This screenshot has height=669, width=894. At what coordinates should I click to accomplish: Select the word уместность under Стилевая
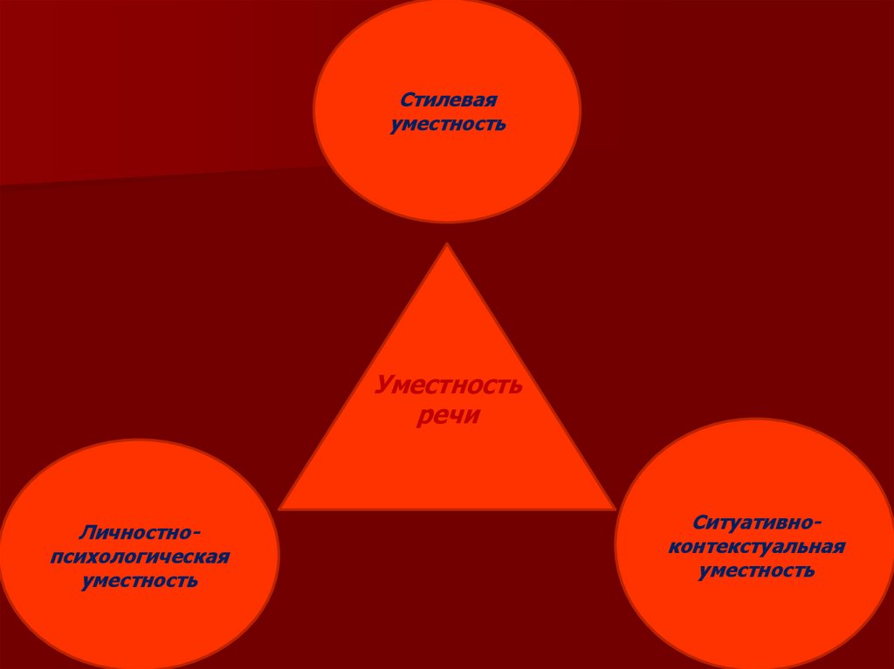point(448,125)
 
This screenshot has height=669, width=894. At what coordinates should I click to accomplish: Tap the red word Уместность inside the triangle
point(449,385)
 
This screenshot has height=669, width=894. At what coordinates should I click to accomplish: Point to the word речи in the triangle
point(449,416)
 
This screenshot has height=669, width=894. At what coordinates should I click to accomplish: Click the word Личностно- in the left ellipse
point(141,531)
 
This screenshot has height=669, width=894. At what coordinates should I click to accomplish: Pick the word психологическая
point(141,556)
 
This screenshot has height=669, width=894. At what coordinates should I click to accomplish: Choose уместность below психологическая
point(141,580)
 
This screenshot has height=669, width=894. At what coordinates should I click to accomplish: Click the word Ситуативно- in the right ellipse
point(756,522)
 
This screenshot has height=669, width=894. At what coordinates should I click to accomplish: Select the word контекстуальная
point(756,547)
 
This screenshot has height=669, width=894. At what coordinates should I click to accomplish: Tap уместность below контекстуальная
point(756,571)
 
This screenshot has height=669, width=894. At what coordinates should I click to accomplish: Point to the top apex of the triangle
point(447,245)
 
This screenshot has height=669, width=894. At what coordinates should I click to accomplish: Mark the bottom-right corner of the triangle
point(614,508)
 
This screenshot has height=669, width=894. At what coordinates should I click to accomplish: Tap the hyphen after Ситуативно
point(815,523)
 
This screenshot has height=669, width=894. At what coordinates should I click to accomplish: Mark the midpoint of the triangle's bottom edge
point(447,509)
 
